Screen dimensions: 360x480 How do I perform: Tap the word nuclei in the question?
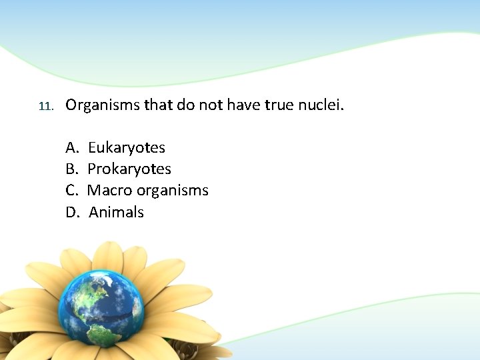coord(321,105)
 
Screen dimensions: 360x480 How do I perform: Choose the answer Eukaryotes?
coord(127,147)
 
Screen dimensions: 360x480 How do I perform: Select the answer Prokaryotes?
coord(129,169)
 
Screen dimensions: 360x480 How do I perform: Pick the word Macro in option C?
coord(110,191)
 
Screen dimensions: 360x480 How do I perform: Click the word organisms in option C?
coord(173,191)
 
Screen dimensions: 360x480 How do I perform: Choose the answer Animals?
coord(117,213)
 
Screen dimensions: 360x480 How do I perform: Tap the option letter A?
coord(71,147)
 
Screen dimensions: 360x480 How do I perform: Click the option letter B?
coord(71,169)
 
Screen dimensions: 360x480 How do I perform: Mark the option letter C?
coord(71,191)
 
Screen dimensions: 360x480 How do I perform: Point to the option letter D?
coord(72,213)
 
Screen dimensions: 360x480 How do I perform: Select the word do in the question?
coord(185,105)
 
